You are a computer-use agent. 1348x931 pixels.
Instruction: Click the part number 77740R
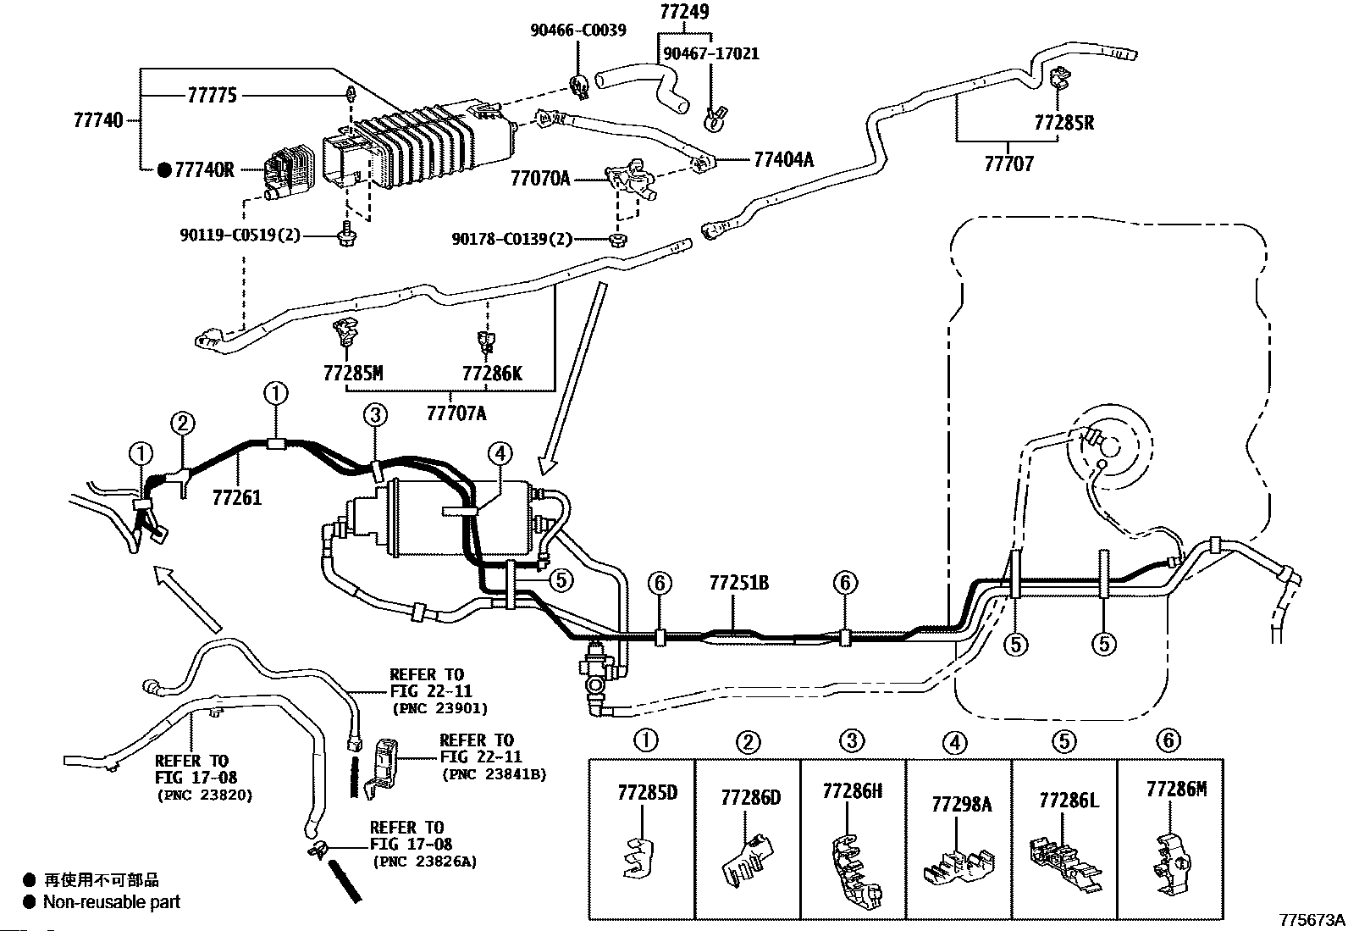204,170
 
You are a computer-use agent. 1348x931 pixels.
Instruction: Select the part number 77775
213,95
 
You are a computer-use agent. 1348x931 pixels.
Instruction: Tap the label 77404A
783,159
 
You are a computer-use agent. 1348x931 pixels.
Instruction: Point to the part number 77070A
540,179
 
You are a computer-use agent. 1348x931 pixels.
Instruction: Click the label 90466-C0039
578,30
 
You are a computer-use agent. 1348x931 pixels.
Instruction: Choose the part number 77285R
1064,123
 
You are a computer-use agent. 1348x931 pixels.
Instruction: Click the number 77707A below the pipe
456,413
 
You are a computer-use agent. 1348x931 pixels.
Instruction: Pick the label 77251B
739,583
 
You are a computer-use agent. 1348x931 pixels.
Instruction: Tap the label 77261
237,497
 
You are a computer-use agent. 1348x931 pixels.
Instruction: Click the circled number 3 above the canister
375,414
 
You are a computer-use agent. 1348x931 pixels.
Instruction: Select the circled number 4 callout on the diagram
500,453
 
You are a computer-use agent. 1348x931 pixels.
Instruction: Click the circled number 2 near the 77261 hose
183,423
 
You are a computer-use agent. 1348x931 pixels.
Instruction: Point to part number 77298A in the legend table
962,804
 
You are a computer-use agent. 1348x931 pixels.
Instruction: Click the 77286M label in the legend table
1176,789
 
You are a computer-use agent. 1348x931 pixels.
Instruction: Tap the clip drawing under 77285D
638,857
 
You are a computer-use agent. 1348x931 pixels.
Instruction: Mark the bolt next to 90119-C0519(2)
347,235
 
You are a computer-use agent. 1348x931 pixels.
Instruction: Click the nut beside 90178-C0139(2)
617,240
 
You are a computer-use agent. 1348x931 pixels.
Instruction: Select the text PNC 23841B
494,774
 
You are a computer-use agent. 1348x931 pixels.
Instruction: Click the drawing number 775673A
1312,920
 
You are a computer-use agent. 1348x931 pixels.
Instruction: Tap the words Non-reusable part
111,901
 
